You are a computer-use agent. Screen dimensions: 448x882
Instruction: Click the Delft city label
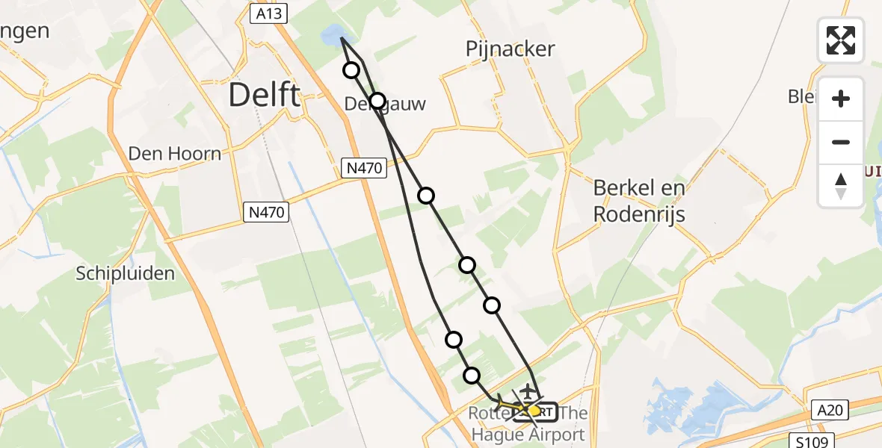[x=264, y=96]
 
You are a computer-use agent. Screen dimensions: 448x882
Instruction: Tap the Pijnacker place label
[x=511, y=49]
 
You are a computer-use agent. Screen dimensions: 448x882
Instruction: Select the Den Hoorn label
[x=175, y=154]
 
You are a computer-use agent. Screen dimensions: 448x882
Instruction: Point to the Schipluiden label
[x=125, y=273]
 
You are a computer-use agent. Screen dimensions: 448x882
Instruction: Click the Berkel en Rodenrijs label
[x=639, y=202]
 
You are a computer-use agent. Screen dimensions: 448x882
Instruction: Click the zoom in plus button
[x=841, y=99]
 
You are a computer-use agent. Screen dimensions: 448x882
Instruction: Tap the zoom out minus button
[x=841, y=142]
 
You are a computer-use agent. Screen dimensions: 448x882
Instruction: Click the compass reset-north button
[x=841, y=186]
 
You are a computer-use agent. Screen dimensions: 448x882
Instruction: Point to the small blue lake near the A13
[x=329, y=34]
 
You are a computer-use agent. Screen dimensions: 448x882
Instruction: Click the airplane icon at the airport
[x=528, y=391]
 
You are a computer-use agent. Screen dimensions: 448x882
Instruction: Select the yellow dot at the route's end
[x=534, y=410]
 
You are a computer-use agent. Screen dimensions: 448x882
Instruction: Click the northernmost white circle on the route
[x=351, y=70]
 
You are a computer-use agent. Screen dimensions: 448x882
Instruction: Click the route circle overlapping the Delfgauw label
[x=377, y=101]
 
